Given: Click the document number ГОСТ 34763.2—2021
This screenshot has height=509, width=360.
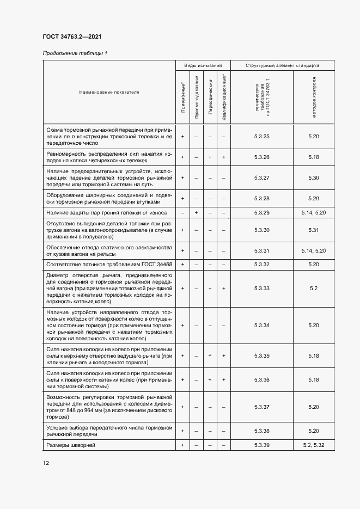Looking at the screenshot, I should (72, 37).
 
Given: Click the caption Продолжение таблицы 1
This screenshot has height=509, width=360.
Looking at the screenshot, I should (75, 53).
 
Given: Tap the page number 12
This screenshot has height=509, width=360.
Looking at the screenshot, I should (46, 463).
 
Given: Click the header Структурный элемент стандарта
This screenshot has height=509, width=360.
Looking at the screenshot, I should (282, 65).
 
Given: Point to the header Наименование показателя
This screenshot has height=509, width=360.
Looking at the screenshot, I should (109, 92).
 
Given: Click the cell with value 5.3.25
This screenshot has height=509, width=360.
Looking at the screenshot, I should (262, 136).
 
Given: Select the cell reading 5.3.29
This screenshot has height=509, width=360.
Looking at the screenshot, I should (262, 212).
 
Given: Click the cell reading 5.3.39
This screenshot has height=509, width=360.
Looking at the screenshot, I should (262, 446).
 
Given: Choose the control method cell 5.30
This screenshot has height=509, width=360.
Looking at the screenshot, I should (313, 177).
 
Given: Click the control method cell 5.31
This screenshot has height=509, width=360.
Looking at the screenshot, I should (313, 230).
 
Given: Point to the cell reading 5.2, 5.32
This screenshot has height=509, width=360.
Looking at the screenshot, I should (313, 446).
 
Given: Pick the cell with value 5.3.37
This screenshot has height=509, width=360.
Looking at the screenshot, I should (262, 407).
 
